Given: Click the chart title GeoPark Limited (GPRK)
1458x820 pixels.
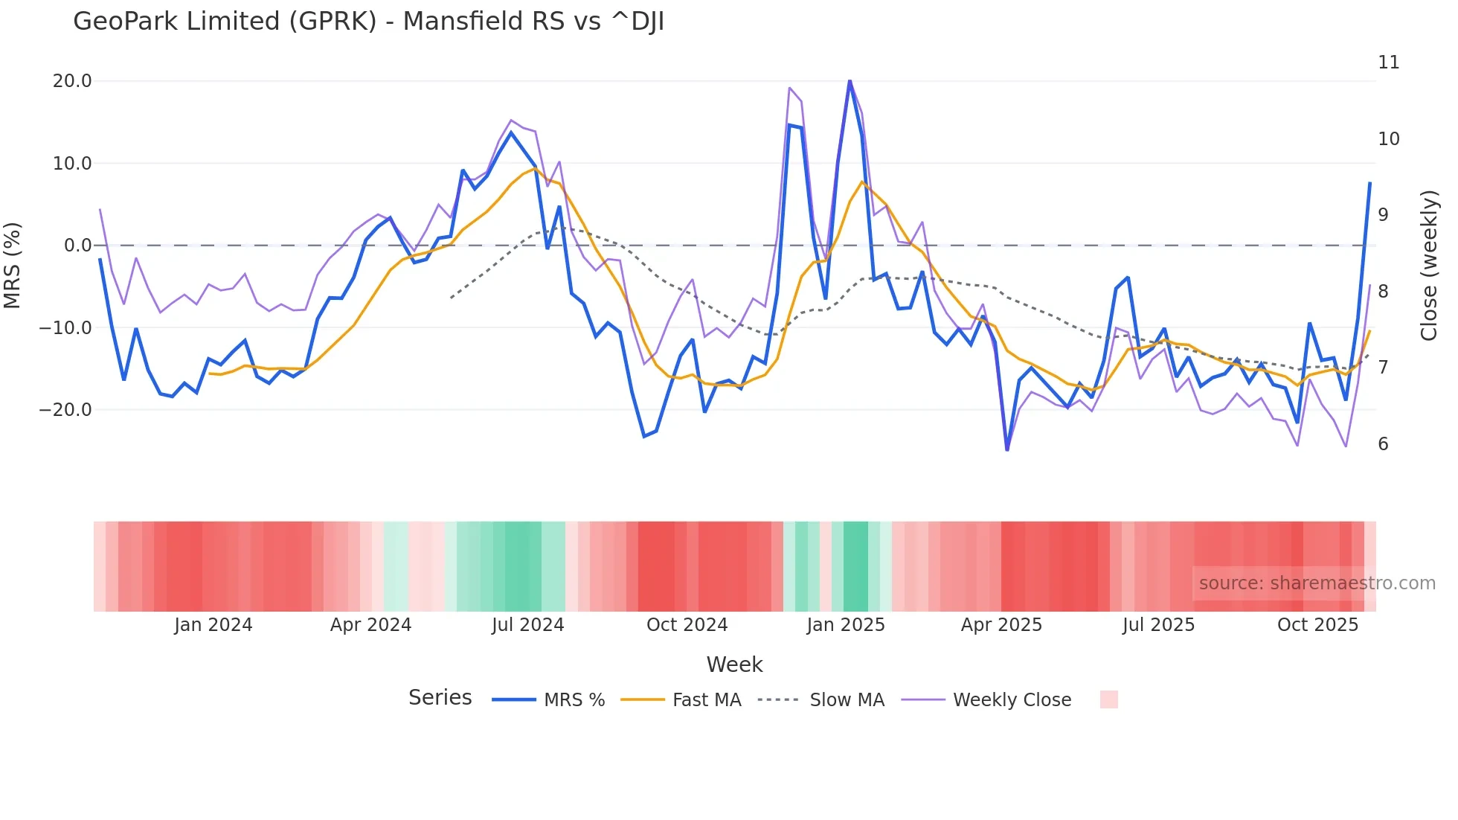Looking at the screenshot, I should click(x=368, y=22).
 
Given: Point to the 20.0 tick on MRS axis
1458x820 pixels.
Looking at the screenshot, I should click(x=72, y=81).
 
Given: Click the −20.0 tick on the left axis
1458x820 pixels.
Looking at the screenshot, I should click(x=65, y=410).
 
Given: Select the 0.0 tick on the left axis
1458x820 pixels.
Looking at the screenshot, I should click(x=77, y=246).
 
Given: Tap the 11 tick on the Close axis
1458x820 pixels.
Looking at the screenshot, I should click(x=1388, y=63).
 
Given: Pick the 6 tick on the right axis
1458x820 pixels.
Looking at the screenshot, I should click(x=1383, y=444).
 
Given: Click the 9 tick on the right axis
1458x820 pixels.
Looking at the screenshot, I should click(x=1383, y=215).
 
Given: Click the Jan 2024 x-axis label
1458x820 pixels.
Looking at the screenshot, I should click(x=213, y=625).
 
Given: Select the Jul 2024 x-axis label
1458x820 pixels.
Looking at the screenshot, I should click(x=527, y=625).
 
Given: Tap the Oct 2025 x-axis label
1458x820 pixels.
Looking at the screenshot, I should click(x=1317, y=625).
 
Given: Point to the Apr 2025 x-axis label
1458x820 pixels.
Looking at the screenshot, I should click(x=1001, y=625).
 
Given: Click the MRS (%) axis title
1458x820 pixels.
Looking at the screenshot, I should click(x=13, y=266).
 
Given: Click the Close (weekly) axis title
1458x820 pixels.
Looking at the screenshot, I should click(x=1428, y=266).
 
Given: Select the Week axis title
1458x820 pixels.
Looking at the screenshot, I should click(x=734, y=664).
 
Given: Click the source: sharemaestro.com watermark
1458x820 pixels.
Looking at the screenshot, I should click(x=1317, y=583).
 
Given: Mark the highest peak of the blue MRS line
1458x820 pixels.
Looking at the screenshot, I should click(x=850, y=80).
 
